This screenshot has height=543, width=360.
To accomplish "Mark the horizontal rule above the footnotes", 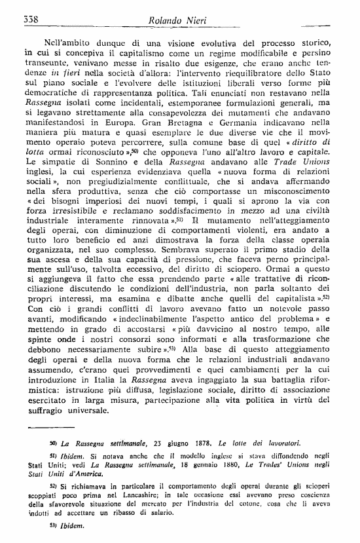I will point(54,427).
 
